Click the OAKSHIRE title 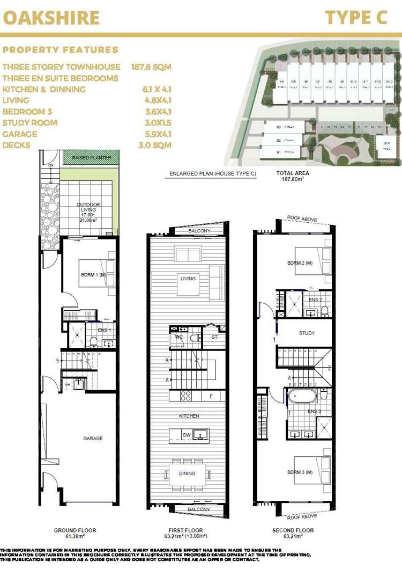pyautogui.click(x=51, y=17)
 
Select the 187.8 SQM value pyautogui.click(x=151, y=67)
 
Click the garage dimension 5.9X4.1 pyautogui.click(x=155, y=134)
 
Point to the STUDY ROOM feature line pyautogui.click(x=30, y=123)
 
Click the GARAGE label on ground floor pyautogui.click(x=93, y=439)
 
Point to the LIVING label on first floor pyautogui.click(x=188, y=279)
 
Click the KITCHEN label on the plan pyautogui.click(x=189, y=416)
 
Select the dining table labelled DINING pyautogui.click(x=187, y=473)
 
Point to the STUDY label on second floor pyautogui.click(x=307, y=333)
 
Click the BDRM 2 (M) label pyautogui.click(x=300, y=263)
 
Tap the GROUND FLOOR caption pyautogui.click(x=75, y=530)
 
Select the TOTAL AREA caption pyautogui.click(x=292, y=174)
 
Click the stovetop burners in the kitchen pyautogui.click(x=187, y=396)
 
